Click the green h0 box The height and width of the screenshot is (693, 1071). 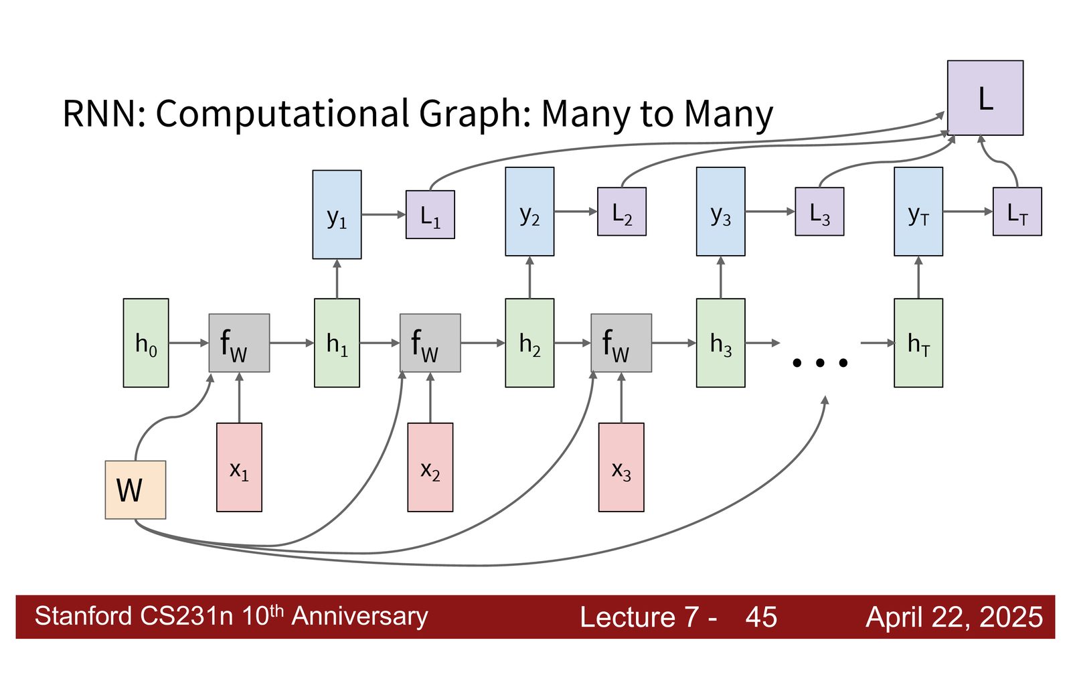146,343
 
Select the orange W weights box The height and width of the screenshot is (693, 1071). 135,489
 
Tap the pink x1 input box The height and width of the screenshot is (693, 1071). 239,467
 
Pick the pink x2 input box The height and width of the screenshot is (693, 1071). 430,467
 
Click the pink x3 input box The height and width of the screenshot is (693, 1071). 621,467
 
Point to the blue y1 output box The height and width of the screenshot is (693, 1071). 337,214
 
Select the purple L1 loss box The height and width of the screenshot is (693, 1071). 430,214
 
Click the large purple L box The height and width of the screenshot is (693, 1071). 985,98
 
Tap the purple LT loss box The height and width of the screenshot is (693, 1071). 1017,212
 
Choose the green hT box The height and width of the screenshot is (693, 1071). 918,343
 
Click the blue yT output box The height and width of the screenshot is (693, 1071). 918,212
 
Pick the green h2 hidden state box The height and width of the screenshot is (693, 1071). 529,343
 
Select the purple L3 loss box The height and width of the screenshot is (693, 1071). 819,212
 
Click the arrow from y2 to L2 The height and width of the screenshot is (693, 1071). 576,212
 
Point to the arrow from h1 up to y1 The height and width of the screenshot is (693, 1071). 337,279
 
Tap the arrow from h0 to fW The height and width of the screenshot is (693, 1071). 189,343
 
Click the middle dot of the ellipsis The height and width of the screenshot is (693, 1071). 820,363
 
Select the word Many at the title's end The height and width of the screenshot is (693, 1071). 728,114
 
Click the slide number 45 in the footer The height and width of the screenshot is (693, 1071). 761,617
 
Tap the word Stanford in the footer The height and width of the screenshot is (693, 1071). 83,616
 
